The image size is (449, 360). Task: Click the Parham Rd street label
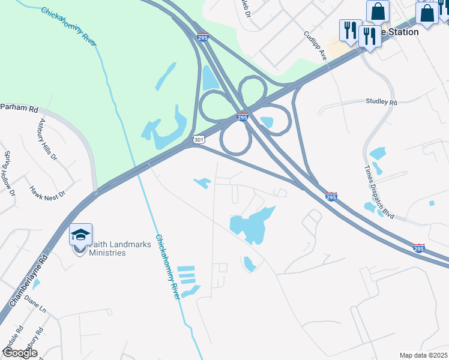pos(19,109)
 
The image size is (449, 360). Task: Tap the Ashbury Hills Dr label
pos(47,139)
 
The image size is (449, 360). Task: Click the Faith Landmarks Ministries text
pos(107,248)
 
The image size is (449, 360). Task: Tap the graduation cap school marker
pos(80,235)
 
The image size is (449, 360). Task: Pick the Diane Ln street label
pos(34,307)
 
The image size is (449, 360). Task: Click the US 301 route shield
pos(199,139)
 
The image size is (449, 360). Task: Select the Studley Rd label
pos(381,103)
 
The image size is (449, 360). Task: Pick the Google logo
pos(19,353)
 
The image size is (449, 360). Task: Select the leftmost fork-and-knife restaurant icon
pos(349,29)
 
